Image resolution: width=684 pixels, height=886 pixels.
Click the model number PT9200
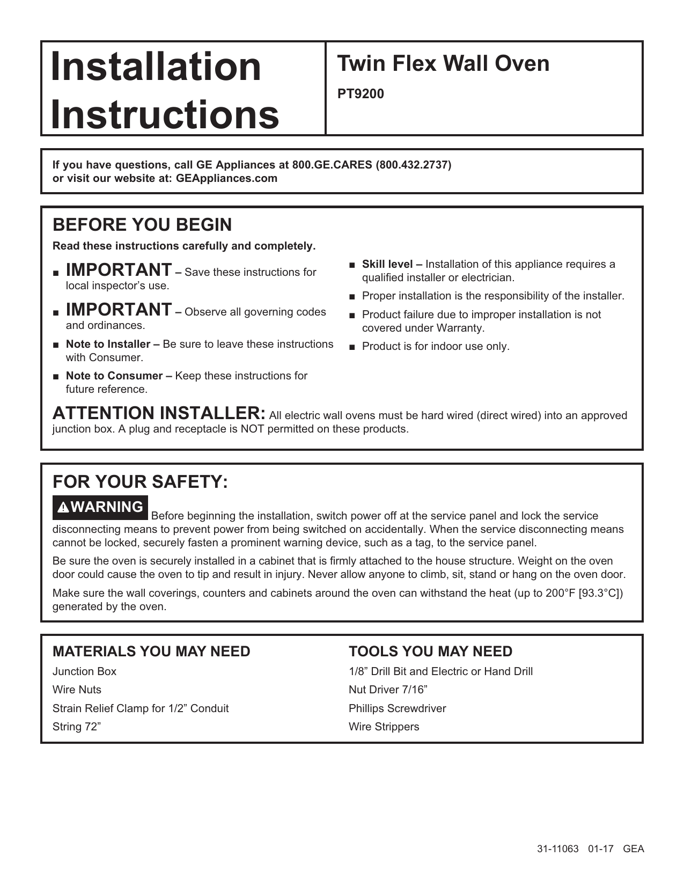tap(361, 94)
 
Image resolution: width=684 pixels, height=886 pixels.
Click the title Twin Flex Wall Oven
tap(443, 64)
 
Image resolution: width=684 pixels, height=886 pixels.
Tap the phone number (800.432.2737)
tap(414, 165)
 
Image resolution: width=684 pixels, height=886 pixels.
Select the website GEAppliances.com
tap(226, 179)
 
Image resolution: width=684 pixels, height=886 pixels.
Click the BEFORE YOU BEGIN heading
tap(142, 225)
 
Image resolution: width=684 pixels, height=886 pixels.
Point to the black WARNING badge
tap(100, 507)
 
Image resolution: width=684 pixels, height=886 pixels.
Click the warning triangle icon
tap(64, 508)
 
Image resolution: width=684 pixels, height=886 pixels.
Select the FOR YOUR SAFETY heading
tap(140, 481)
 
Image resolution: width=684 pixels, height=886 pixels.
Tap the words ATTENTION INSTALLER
tap(159, 413)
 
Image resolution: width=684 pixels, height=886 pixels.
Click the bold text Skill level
tap(392, 264)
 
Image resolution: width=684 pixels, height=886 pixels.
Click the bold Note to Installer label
tap(113, 344)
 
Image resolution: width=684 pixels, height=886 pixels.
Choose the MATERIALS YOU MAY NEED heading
tap(151, 651)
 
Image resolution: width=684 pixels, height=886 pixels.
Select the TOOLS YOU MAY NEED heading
tap(430, 651)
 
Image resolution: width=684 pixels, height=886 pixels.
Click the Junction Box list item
tap(84, 671)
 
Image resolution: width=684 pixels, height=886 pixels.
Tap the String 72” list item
tap(77, 727)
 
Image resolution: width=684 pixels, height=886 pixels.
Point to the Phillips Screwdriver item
tap(397, 708)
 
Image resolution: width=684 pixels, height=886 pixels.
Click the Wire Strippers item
tap(384, 727)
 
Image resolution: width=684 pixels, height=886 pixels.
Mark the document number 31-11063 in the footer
tap(557, 849)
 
